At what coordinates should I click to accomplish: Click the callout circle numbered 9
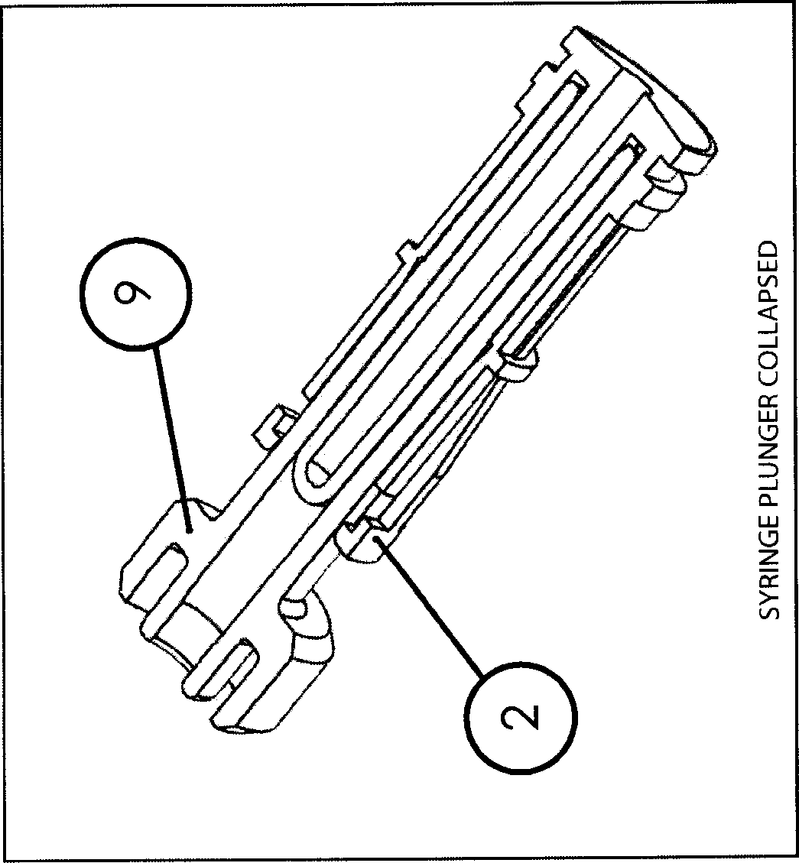point(135,294)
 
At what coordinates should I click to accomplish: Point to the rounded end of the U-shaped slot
point(314,479)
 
